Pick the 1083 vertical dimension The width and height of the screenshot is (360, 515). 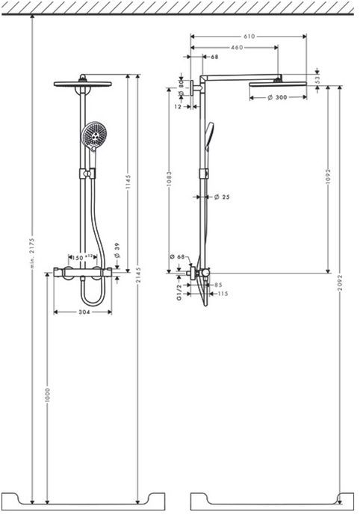(x=171, y=182)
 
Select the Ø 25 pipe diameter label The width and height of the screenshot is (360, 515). (x=220, y=197)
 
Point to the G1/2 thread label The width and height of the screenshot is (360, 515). (x=178, y=287)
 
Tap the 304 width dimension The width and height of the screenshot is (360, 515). (x=83, y=312)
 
